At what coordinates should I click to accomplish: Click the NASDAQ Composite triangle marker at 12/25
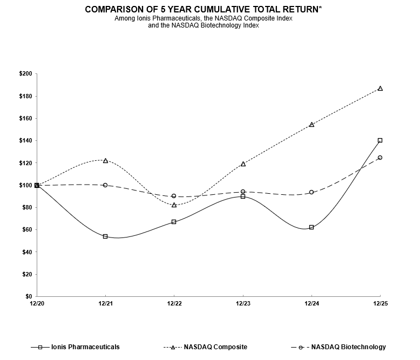tap(380, 88)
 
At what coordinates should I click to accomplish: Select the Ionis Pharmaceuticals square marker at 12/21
tap(105, 236)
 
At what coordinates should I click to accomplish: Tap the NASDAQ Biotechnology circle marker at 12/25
tap(380, 158)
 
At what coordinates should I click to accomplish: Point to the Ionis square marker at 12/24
tap(311, 227)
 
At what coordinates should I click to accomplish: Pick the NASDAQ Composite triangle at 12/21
tap(105, 160)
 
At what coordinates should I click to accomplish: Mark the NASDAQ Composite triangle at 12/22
tap(174, 205)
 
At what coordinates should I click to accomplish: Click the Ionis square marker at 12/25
tap(380, 140)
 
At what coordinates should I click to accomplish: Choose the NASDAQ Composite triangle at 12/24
tap(311, 125)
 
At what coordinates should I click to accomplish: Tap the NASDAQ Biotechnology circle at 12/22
tap(174, 196)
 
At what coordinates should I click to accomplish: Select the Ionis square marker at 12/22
tap(174, 222)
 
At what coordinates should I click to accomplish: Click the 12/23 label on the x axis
tap(243, 304)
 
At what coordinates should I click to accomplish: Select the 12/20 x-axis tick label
tap(37, 304)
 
